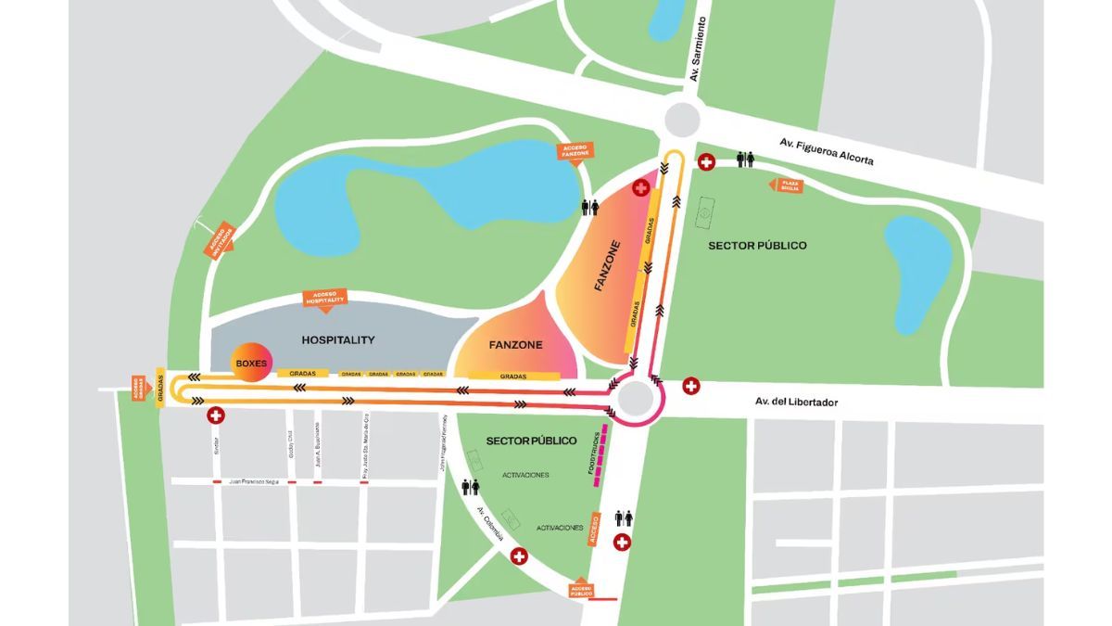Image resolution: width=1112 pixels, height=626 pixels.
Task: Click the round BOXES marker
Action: [x=250, y=364]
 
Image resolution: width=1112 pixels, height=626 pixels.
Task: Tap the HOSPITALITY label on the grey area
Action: [x=338, y=340]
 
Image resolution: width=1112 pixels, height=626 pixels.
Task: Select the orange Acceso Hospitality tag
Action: [x=325, y=299]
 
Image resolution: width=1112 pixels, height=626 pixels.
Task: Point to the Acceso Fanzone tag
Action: [x=575, y=151]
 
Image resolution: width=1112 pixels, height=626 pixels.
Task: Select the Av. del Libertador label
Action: [x=796, y=402]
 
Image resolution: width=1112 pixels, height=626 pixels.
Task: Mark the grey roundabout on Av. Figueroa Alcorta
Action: [x=681, y=119]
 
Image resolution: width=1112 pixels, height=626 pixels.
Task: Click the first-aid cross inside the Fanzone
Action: [x=640, y=188]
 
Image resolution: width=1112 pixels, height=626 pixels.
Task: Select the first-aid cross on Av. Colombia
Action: [x=519, y=556]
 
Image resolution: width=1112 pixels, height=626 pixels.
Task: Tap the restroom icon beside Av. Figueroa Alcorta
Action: [x=745, y=160]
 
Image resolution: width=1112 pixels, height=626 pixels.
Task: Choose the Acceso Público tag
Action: [x=582, y=589]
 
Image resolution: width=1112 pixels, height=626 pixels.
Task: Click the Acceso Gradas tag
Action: [x=138, y=387]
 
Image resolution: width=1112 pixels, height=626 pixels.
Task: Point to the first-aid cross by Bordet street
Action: [x=216, y=415]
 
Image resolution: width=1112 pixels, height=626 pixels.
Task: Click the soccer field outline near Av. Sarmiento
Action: [x=705, y=211]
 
